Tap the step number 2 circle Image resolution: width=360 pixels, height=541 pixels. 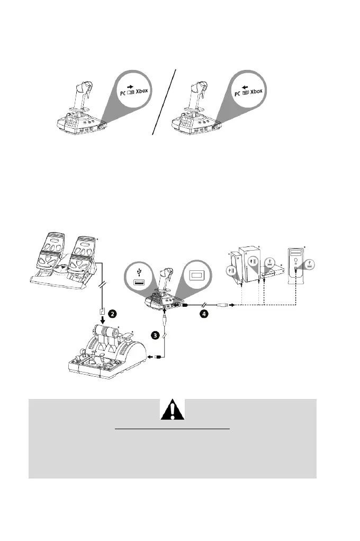[112, 314]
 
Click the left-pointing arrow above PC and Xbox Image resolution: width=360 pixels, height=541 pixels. [244, 83]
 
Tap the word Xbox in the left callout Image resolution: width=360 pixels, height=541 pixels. [142, 91]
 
